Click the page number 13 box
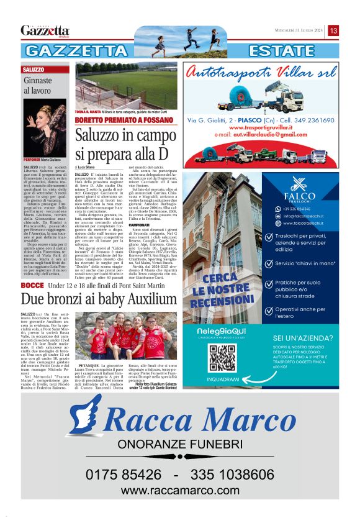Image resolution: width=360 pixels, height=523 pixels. (333, 30)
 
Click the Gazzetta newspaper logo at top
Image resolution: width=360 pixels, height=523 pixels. (45, 30)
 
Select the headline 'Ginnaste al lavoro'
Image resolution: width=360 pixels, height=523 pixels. (38, 86)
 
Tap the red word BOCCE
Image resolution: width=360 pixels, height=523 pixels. (32, 284)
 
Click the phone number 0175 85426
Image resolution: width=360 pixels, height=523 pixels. (125, 475)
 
